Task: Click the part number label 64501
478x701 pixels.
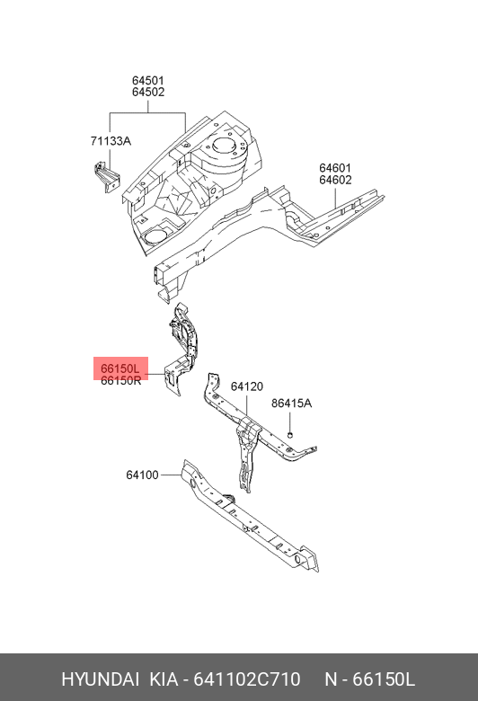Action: [148, 81]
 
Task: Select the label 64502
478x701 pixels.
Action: [148, 92]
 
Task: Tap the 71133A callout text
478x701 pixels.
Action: [111, 141]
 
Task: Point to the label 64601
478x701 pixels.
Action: [335, 169]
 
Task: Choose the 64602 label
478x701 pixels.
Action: [335, 180]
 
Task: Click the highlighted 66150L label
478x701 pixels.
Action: [120, 368]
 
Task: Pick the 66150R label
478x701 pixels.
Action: [120, 380]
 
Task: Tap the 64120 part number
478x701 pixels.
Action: [247, 386]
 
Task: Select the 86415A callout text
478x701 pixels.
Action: [291, 404]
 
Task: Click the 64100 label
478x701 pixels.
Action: [142, 475]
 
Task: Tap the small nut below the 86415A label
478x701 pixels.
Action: [289, 435]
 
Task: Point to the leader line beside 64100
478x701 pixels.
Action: [171, 475]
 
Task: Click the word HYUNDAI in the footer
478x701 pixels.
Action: [100, 679]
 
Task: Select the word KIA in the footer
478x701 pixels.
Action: [164, 679]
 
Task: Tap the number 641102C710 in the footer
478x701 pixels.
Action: [246, 679]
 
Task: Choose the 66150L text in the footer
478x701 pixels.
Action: [384, 679]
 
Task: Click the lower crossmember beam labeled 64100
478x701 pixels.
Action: [248, 514]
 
